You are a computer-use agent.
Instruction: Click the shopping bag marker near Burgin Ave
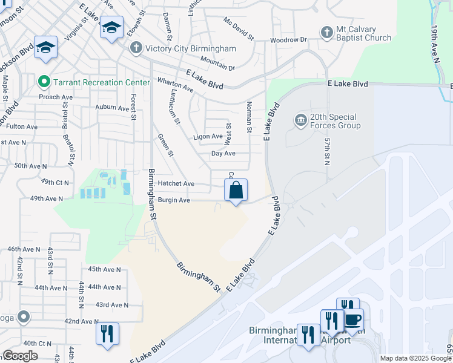point(236,190)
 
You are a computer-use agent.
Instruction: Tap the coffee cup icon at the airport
point(352,319)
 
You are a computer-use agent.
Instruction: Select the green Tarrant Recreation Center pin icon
point(43,82)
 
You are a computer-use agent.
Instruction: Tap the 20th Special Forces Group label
point(335,121)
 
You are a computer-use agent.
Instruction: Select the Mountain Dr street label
point(217,64)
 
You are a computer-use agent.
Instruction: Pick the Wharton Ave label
point(175,84)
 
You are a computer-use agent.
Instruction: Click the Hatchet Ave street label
point(176,183)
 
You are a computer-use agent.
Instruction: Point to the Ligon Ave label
point(208,137)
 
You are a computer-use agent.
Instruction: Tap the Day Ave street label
point(223,154)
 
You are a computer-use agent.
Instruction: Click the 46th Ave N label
point(24,249)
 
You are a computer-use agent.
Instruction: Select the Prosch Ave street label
point(56,97)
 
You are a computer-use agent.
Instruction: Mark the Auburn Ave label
point(113,108)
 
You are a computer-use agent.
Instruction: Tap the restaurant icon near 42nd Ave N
point(107,333)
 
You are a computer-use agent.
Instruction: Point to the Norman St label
point(249,117)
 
